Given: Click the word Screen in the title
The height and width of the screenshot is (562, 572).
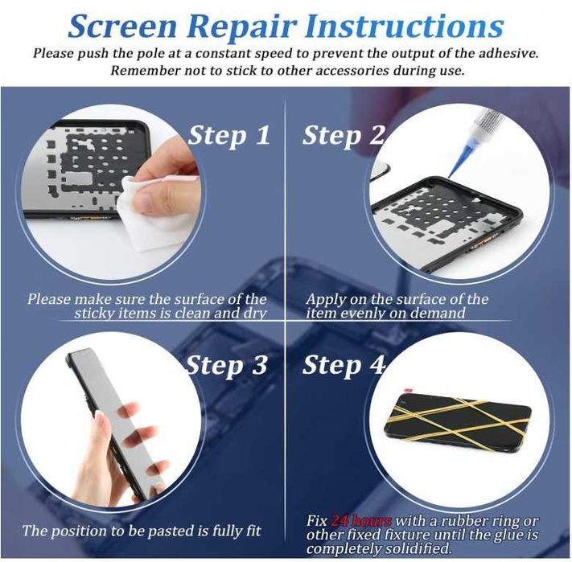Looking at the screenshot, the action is pos(122,27).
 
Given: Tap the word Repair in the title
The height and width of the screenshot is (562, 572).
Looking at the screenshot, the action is pos(241,27).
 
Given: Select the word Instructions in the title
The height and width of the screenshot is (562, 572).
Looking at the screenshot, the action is pos(405,27).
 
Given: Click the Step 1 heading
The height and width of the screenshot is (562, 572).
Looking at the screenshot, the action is pos(229,136).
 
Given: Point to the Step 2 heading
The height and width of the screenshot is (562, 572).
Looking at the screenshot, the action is pos(344,136).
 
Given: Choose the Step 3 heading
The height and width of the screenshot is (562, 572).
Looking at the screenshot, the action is pos(227,365).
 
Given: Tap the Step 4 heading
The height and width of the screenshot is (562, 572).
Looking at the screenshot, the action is pos(344,365).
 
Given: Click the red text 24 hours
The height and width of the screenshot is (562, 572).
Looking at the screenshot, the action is pos(360,520).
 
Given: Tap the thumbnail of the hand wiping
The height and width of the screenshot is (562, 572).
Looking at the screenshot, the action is pos(113,192).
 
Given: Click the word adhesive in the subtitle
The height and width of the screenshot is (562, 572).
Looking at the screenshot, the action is pos(508,53).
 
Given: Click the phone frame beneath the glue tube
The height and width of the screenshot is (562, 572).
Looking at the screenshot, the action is pos(446,223).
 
